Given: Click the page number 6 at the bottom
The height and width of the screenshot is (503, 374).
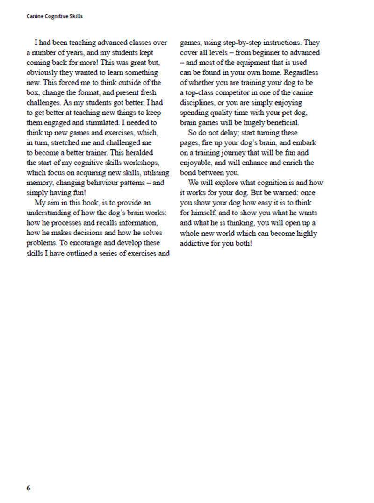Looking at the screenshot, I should [x=29, y=488].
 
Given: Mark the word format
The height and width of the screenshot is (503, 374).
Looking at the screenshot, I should [x=86, y=93].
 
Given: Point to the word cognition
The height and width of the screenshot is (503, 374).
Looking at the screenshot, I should [x=259, y=183].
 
